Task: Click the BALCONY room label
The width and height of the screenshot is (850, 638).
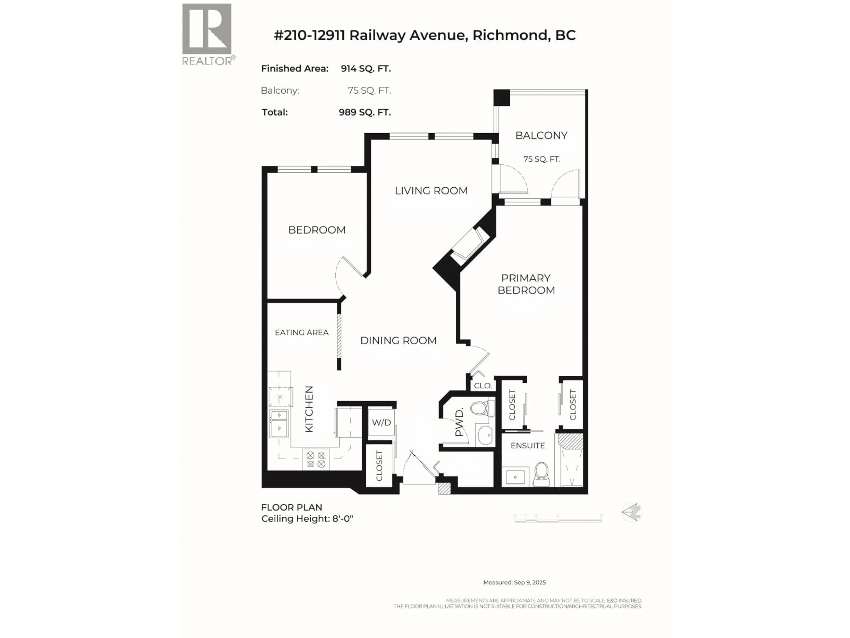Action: pyautogui.click(x=541, y=135)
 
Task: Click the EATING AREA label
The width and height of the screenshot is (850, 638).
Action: pyautogui.click(x=302, y=332)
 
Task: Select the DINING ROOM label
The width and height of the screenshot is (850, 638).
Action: pyautogui.click(x=398, y=340)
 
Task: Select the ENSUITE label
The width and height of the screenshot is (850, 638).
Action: pyautogui.click(x=528, y=445)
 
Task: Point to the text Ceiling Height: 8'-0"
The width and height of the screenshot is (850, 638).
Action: pyautogui.click(x=307, y=519)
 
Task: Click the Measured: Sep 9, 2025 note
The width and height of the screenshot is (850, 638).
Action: pyautogui.click(x=514, y=582)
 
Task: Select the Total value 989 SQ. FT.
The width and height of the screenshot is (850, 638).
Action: pyautogui.click(x=365, y=112)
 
